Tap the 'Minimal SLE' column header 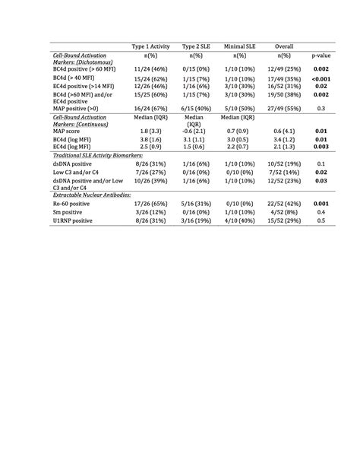click(240, 46)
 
